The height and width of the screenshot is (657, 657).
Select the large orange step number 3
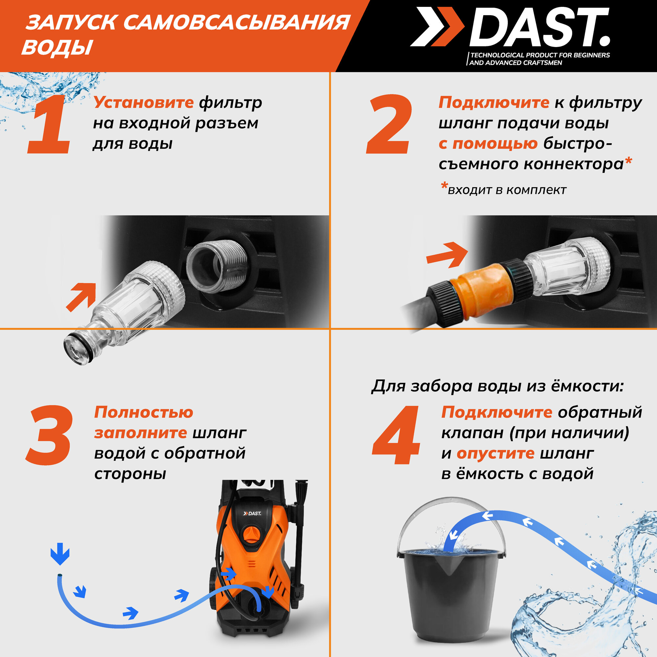coord(49,435)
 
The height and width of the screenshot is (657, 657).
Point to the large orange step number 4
coord(396,435)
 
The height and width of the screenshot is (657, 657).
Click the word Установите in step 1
coord(144,102)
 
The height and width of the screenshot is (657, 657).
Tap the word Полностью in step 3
coord(144,413)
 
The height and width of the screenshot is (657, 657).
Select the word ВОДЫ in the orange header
coord(57,47)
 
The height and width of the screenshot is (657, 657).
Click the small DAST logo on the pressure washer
coord(252,513)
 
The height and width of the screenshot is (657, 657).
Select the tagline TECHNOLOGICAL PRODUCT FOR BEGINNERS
coord(540,55)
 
